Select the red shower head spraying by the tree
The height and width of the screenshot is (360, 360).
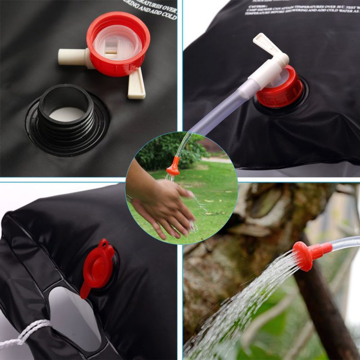tap(307, 254)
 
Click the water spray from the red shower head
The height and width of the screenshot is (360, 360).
tap(240, 307)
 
